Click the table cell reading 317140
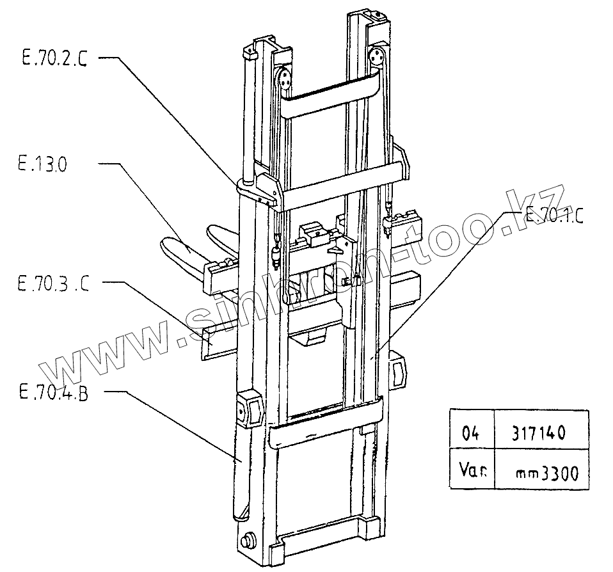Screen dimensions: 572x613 539,433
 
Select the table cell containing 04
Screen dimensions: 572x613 470,433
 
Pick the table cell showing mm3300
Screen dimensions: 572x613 547,473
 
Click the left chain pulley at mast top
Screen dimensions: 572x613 283,81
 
